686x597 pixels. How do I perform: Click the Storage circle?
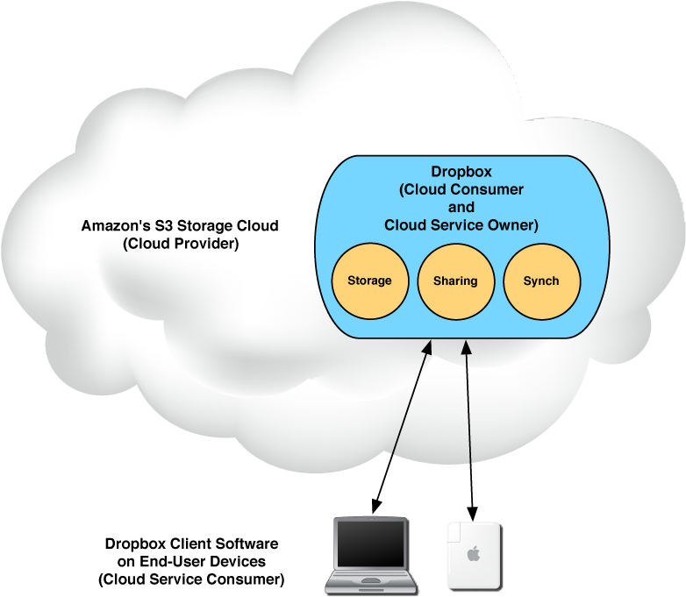(x=369, y=281)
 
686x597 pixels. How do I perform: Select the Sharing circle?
(x=455, y=281)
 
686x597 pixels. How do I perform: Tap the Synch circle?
(x=541, y=281)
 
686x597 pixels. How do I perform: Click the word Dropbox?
(x=461, y=172)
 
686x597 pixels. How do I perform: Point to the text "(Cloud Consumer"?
(x=461, y=189)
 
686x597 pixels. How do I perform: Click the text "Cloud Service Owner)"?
(x=461, y=225)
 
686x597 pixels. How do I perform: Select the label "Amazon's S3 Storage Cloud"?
(x=180, y=225)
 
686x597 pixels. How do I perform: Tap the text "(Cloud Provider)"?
(x=181, y=244)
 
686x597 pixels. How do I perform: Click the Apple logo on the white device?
(x=474, y=554)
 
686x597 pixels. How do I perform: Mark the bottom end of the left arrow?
(x=393, y=456)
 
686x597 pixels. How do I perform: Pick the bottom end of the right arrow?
(x=471, y=462)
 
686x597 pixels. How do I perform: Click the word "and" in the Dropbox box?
(x=461, y=208)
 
